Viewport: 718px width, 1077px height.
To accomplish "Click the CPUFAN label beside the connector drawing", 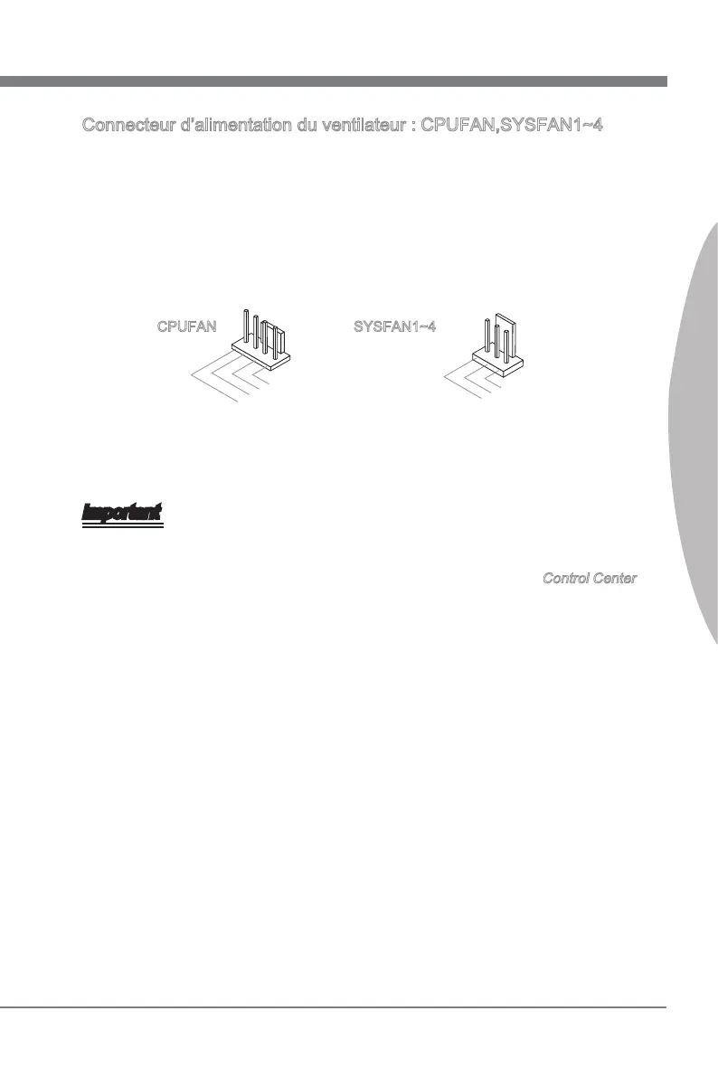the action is (186, 326).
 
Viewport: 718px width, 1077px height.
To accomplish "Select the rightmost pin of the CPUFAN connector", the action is (282, 343).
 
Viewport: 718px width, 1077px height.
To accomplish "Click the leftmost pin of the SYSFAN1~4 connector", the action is (487, 336).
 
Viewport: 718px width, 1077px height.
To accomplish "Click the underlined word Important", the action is (122, 513).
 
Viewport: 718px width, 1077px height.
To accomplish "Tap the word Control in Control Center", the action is (566, 578).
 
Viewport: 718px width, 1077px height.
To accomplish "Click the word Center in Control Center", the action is (615, 578).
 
